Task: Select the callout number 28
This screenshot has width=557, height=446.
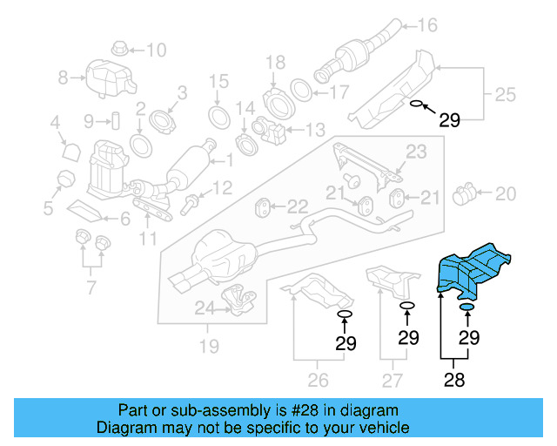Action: click(453, 379)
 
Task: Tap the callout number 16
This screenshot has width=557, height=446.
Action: click(428, 24)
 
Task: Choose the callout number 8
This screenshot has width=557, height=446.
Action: click(63, 78)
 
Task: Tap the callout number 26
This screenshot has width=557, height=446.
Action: click(318, 379)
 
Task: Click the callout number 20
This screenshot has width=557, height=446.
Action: click(505, 193)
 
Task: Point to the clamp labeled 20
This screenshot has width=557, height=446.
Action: click(468, 192)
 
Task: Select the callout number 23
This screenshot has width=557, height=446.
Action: click(416, 152)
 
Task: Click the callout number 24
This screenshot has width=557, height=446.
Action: click(204, 307)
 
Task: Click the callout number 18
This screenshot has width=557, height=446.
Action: click(275, 61)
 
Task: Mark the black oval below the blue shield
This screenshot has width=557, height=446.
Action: click(466, 307)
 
